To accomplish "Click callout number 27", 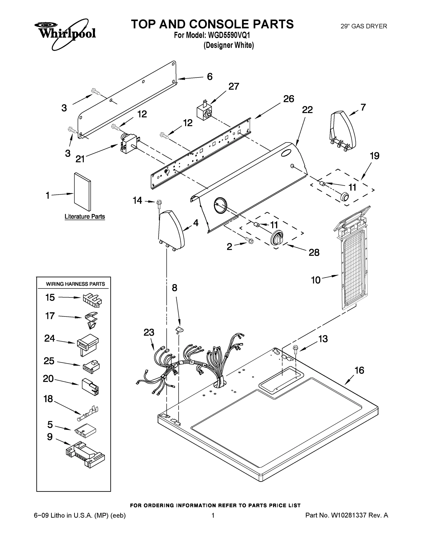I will point(234,86).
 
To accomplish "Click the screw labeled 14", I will point(159,203).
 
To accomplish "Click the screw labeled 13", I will point(296,349).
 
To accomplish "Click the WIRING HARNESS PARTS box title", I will point(75,284).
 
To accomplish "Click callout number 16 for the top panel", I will point(359,370).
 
